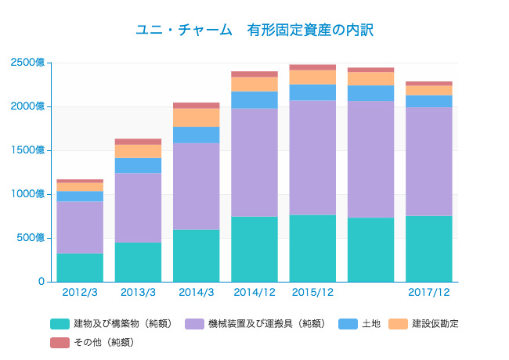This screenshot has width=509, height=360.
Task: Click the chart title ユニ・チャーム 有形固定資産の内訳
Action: [254, 31]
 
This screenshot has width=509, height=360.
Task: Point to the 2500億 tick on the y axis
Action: [29, 63]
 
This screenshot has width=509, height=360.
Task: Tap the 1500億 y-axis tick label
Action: [29, 150]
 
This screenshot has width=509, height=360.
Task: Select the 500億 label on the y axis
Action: [31, 238]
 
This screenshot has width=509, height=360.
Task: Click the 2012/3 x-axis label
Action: [80, 292]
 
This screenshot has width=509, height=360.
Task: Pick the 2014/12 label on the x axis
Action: [254, 292]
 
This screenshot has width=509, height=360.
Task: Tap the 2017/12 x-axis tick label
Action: [428, 292]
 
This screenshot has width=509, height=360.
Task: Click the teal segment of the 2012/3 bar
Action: [80, 267]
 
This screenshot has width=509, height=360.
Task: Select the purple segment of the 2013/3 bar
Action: [138, 207]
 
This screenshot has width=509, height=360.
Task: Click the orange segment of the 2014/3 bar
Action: [196, 117]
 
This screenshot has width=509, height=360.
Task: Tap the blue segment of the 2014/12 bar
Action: [254, 99]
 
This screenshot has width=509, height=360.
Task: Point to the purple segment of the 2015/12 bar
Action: [312, 157]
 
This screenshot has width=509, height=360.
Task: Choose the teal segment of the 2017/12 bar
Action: [428, 248]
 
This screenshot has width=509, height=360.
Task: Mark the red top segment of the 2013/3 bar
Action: [138, 142]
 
